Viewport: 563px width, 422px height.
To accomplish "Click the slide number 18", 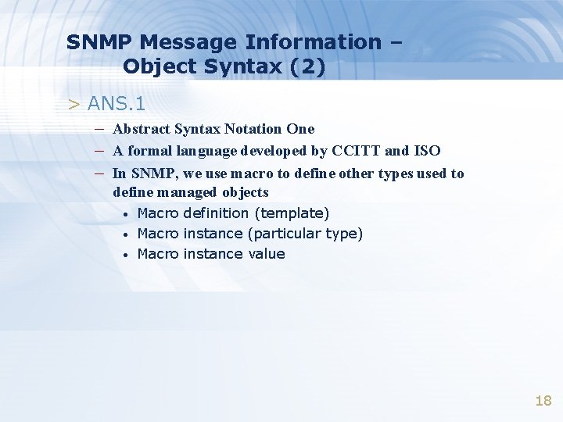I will pos(543,401).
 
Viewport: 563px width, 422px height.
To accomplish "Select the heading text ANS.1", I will pos(117,103).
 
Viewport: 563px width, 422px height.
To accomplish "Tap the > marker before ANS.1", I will pos(74,104).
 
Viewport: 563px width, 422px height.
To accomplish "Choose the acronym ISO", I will pos(427,151).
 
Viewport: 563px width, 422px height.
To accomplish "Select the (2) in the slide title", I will pos(307,67).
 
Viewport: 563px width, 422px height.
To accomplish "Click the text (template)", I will pos(293,213).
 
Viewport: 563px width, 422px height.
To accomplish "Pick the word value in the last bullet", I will pos(267,254).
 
